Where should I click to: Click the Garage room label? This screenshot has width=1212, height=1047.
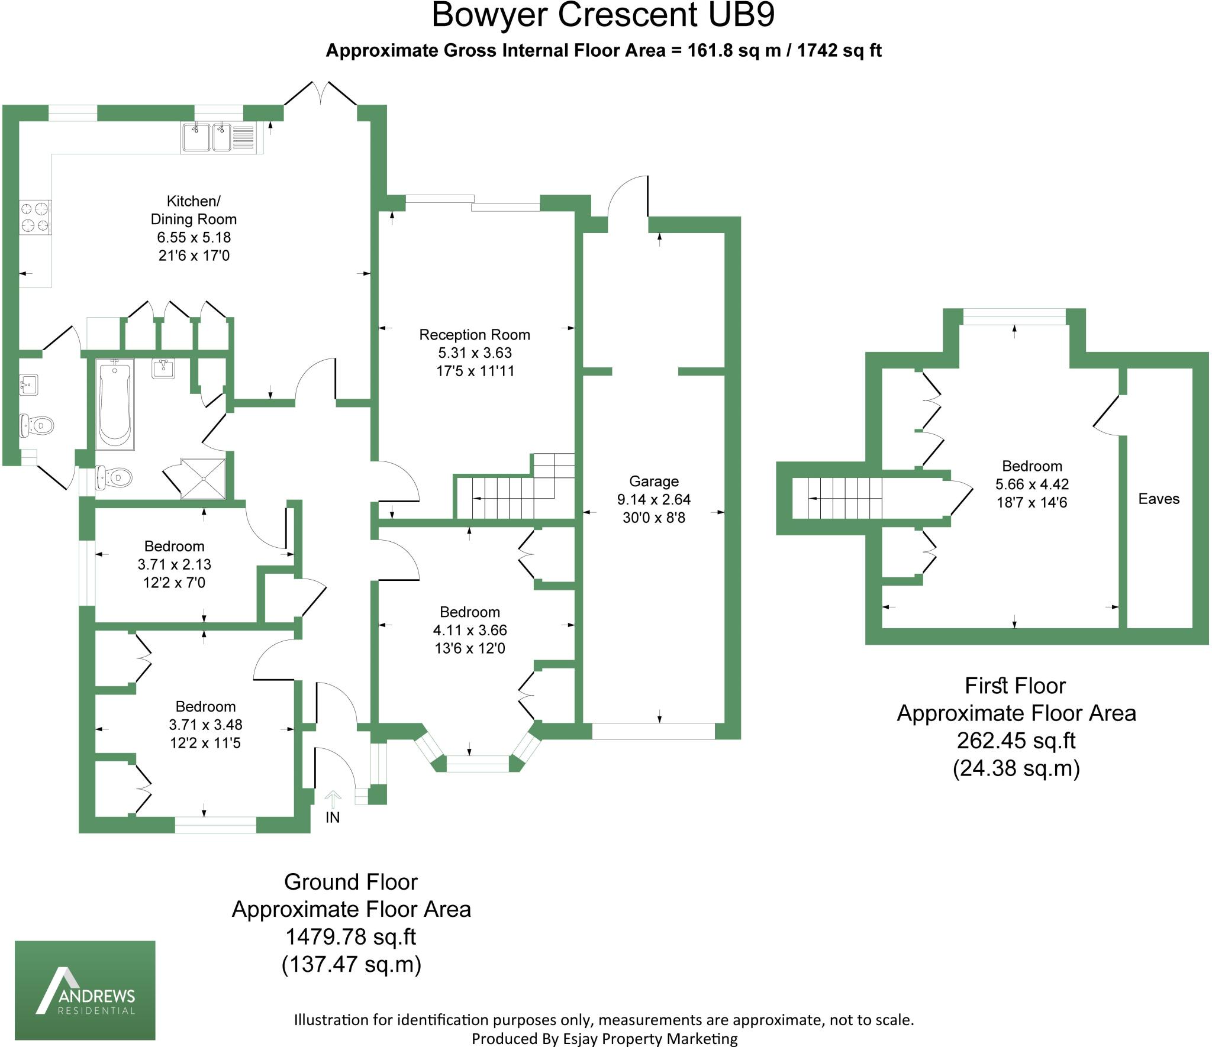click(x=653, y=481)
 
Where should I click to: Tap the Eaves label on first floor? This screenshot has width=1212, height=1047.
click(x=1158, y=499)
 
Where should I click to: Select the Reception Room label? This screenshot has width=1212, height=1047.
click(x=474, y=335)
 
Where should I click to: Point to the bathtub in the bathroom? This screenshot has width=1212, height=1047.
click(x=114, y=405)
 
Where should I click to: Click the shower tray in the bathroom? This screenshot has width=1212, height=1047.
click(x=203, y=478)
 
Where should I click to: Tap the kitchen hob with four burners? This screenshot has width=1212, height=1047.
click(x=35, y=216)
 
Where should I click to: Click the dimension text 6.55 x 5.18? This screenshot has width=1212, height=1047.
click(x=194, y=238)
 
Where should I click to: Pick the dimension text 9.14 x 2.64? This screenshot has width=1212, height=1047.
click(x=653, y=499)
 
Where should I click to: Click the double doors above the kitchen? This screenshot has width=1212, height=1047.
click(x=320, y=93)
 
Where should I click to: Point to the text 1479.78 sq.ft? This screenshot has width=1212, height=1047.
click(x=351, y=936)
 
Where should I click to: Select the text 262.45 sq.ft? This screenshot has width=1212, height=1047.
click(x=1016, y=740)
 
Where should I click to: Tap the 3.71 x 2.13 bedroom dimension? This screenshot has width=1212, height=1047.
click(x=174, y=564)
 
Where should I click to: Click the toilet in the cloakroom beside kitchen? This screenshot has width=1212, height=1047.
click(x=37, y=425)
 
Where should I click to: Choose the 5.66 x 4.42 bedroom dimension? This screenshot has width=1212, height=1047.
click(x=1032, y=484)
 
